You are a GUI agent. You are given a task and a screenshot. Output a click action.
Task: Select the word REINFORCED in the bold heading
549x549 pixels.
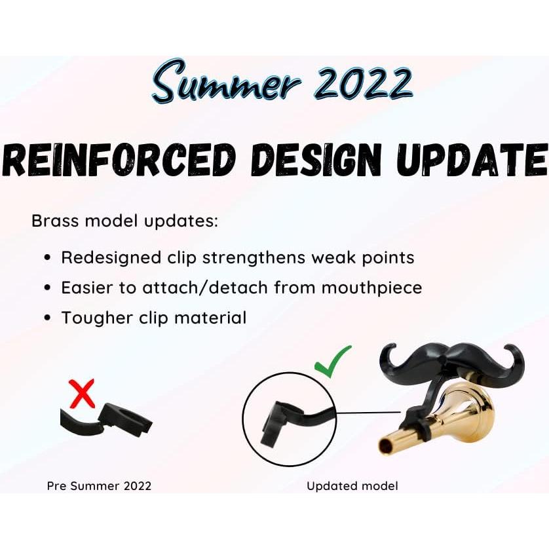pyautogui.click(x=119, y=160)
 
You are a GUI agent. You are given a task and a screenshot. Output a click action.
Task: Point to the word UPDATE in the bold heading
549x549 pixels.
pyautogui.click(x=472, y=160)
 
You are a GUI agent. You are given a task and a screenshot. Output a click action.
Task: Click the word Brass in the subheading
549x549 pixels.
pyautogui.click(x=55, y=221)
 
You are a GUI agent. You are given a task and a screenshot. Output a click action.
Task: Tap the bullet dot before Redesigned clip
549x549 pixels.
pyautogui.click(x=48, y=258)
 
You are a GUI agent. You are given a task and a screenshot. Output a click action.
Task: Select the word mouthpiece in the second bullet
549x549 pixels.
pyautogui.click(x=371, y=288)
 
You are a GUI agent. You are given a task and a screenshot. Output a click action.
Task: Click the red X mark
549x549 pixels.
pyautogui.click(x=83, y=393)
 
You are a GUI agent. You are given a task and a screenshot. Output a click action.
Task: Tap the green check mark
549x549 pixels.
pyautogui.click(x=332, y=362)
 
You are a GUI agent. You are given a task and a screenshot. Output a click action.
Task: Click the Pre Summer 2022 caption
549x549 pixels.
pyautogui.click(x=99, y=486)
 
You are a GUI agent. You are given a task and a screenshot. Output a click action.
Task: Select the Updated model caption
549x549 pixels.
pyautogui.click(x=352, y=486)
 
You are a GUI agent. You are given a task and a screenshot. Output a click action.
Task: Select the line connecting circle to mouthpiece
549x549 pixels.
pyautogui.click(x=369, y=413)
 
